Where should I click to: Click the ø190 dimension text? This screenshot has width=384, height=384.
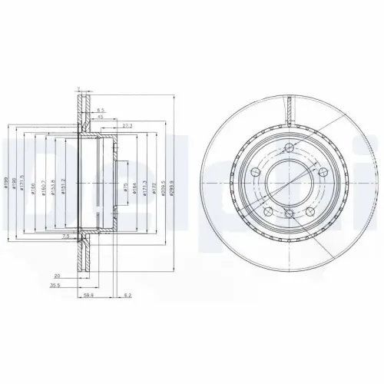coord(15,183)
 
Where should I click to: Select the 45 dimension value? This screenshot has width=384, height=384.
coord(101,118)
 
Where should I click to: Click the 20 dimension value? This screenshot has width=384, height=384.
coord(58,273)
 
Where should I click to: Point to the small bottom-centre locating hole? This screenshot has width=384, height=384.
coord(288,216)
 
